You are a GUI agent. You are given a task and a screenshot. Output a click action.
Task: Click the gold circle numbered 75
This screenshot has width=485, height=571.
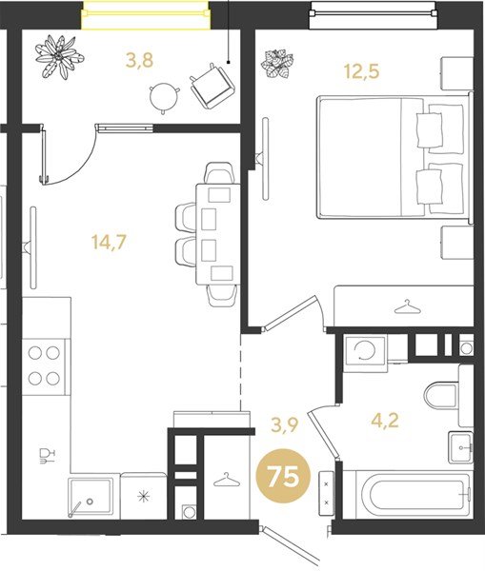point(283,476)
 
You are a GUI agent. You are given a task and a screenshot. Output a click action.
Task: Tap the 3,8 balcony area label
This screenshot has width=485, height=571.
point(139,61)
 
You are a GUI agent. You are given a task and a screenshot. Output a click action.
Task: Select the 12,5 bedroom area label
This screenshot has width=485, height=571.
point(362,71)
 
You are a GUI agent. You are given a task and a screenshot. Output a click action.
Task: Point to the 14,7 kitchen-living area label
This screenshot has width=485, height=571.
point(109,242)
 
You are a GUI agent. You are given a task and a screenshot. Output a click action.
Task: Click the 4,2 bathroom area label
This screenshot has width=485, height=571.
point(385,421)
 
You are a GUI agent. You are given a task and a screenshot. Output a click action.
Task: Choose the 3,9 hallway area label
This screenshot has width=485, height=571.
point(285,425)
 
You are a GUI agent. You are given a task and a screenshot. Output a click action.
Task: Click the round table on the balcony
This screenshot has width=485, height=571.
point(165,96)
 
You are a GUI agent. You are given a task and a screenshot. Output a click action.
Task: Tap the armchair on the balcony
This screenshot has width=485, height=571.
point(212,86)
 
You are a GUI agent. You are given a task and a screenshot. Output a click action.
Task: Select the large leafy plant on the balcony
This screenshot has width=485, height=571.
point(59,56)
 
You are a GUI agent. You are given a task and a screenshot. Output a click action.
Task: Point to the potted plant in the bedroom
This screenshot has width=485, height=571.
point(277,64)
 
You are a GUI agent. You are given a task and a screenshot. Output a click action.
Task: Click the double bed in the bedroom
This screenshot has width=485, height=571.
point(394,157)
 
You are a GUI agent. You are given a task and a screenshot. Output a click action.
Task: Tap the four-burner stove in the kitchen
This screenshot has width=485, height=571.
point(44,366)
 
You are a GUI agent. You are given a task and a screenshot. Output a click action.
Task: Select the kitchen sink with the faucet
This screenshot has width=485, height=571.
point(91,498)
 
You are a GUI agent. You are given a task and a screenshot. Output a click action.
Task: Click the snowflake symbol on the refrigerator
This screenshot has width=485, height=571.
point(144,497)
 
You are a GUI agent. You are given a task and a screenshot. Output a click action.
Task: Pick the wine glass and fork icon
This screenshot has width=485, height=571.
point(47,456)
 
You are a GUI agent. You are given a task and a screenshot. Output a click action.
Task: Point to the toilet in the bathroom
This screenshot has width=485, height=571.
point(441,395)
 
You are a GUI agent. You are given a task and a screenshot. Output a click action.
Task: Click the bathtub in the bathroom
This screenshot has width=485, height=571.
point(408,495)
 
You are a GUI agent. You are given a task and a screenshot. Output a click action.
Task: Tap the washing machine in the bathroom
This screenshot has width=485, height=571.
point(365,351)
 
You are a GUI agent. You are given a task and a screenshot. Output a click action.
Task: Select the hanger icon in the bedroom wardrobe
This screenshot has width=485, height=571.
point(407,307)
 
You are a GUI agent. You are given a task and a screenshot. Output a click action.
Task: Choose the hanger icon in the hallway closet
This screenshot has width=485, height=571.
point(227,480)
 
